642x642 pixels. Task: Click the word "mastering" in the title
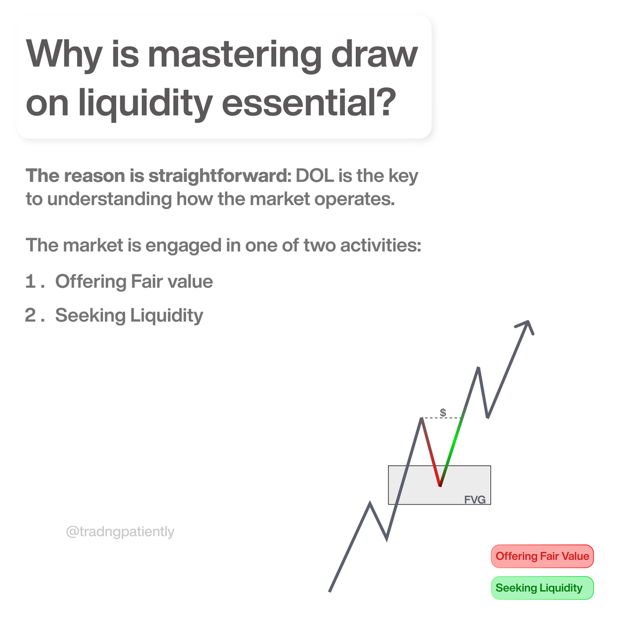point(235,55)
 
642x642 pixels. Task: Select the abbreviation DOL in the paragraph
point(315,175)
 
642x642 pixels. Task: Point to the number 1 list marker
point(31,281)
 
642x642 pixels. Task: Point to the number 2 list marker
point(31,315)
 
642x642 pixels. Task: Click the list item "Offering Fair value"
point(134,281)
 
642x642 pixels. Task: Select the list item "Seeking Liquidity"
point(129,315)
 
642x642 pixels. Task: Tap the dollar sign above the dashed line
point(443,412)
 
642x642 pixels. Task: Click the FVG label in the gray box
point(475,500)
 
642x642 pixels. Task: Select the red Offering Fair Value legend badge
point(542,556)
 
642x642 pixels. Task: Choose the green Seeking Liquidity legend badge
point(542,588)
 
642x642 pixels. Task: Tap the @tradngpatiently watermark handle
point(120,531)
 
